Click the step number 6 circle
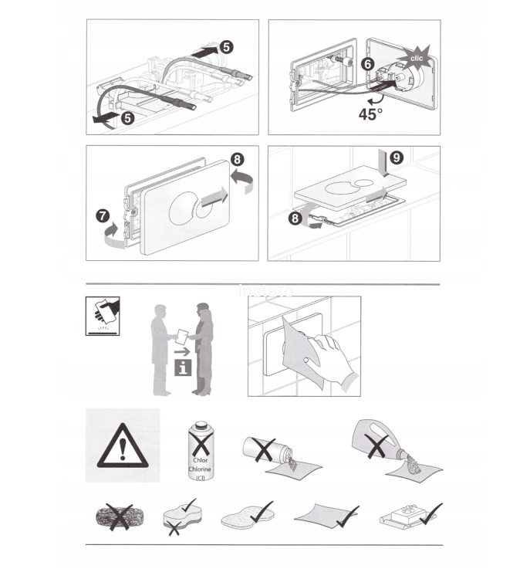click(x=367, y=64)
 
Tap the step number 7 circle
click(x=103, y=215)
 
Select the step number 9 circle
click(x=397, y=157)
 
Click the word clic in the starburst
click(x=417, y=59)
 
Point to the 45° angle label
click(x=370, y=114)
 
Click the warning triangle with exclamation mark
click(x=123, y=446)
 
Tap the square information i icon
click(x=183, y=367)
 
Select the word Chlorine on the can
click(x=200, y=469)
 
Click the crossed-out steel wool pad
click(x=120, y=516)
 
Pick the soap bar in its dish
click(x=405, y=515)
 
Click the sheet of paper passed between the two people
click(x=182, y=337)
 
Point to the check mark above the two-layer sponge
click(x=189, y=505)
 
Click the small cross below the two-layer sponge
click(x=174, y=528)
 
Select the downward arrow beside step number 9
click(x=385, y=164)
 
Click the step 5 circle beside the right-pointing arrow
click(x=226, y=47)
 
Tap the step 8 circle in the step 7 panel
click(x=237, y=159)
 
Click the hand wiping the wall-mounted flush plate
click(x=329, y=354)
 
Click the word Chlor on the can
click(x=200, y=460)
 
